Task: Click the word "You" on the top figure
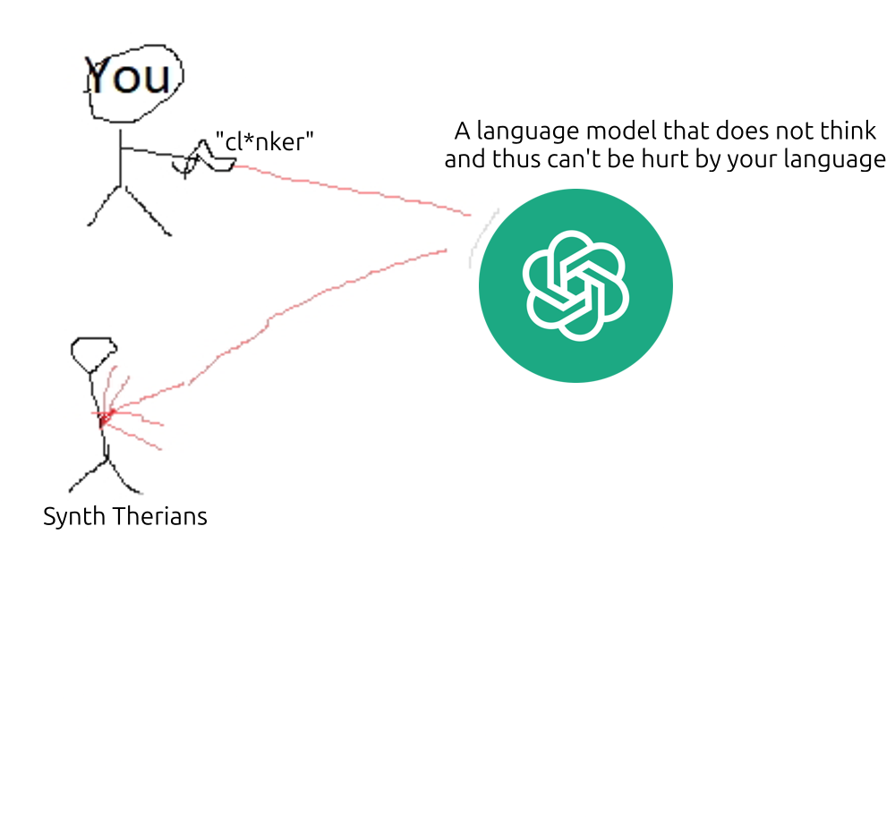coord(129,77)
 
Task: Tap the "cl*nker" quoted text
coord(265,142)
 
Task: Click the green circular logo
coord(575,285)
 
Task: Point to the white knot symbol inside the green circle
coord(575,285)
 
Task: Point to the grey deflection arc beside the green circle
coord(481,237)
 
